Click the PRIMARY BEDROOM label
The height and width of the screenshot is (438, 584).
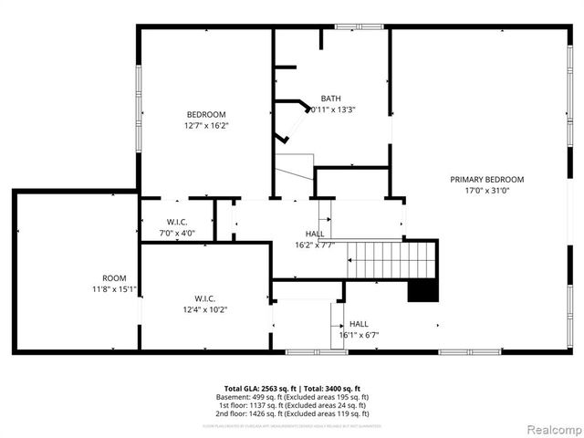pyautogui.click(x=486, y=179)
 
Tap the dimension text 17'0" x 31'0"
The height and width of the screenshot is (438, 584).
pyautogui.click(x=486, y=191)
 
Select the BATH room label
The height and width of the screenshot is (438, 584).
pyautogui.click(x=330, y=98)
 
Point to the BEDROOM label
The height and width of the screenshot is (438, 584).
pyautogui.click(x=205, y=114)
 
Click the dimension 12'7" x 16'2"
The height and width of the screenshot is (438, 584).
pyautogui.click(x=205, y=126)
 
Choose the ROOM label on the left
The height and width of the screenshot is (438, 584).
pyautogui.click(x=114, y=277)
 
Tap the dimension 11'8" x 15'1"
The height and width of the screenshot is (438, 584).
pyautogui.click(x=114, y=289)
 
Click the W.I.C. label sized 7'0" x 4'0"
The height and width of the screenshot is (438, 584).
pyautogui.click(x=177, y=221)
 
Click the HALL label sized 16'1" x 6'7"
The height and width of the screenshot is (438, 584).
pyautogui.click(x=359, y=323)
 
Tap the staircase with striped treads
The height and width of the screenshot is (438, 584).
pyautogui.click(x=392, y=259)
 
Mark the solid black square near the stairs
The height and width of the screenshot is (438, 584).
pyautogui.click(x=422, y=290)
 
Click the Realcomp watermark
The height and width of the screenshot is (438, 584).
pyautogui.click(x=551, y=428)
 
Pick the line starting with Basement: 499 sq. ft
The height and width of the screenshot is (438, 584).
pyautogui.click(x=292, y=397)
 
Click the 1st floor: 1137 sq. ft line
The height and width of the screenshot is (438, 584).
pyautogui.click(x=292, y=405)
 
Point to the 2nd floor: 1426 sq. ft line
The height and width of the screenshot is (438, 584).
pyautogui.click(x=292, y=413)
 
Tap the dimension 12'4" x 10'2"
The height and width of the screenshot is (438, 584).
pyautogui.click(x=204, y=309)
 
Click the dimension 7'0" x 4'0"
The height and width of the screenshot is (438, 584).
pyautogui.click(x=177, y=233)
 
